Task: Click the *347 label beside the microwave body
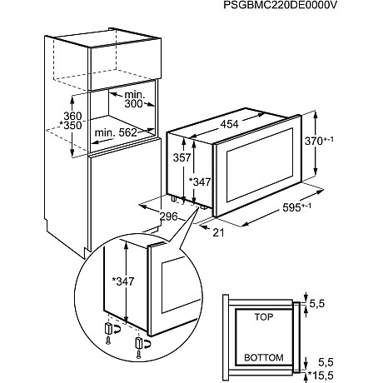[x=200, y=182]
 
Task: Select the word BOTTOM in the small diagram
[x=265, y=357]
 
